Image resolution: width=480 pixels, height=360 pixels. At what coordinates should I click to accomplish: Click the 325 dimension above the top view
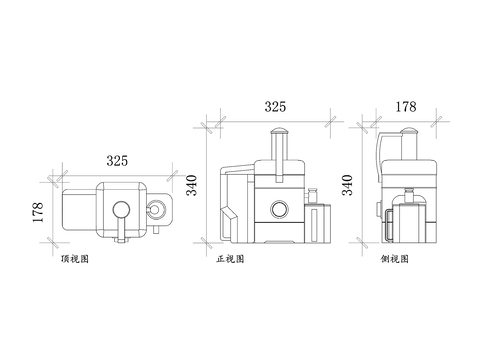[117, 160]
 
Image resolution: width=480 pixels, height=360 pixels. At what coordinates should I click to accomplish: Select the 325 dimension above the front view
[276, 105]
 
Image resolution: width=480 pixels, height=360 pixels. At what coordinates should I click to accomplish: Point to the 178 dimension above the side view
[405, 105]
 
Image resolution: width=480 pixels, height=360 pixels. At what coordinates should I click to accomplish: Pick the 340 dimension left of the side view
[347, 187]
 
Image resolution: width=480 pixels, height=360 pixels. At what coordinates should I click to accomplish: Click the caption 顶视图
[75, 258]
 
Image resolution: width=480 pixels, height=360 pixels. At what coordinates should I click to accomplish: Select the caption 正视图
[230, 258]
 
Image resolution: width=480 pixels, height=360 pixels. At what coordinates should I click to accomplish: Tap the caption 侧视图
[394, 258]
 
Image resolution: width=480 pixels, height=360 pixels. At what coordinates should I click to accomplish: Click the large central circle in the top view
[121, 210]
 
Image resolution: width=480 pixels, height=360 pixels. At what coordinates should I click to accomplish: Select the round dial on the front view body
[279, 209]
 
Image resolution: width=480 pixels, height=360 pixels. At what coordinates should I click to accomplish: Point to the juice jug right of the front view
[319, 222]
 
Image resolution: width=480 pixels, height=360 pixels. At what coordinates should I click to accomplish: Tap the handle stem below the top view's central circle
[121, 231]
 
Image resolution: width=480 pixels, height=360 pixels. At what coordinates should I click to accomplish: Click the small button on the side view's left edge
[377, 210]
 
